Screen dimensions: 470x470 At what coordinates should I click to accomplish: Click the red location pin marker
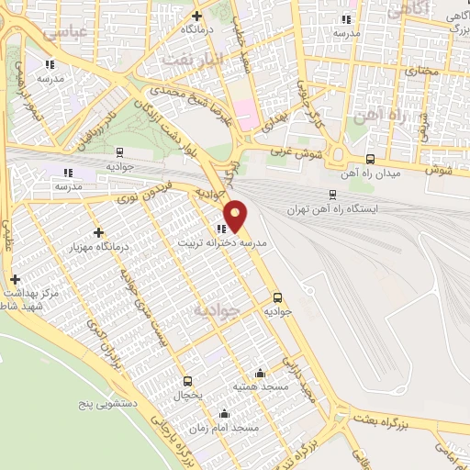[236, 216]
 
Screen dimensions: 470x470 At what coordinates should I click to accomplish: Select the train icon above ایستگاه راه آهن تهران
[331, 194]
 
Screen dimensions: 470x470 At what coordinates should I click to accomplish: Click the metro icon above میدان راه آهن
[370, 158]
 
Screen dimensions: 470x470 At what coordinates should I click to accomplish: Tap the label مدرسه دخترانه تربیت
[222, 244]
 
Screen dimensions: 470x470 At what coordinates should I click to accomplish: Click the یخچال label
[188, 395]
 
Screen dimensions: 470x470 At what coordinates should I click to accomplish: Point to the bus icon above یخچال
[188, 381]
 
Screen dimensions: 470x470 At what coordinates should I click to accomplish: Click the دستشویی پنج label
[106, 402]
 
